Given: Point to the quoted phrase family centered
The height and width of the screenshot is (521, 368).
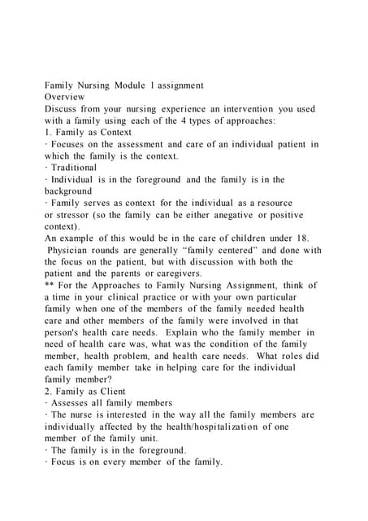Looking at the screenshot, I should coord(235,250).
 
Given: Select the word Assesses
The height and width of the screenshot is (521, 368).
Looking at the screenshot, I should coord(74,403).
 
